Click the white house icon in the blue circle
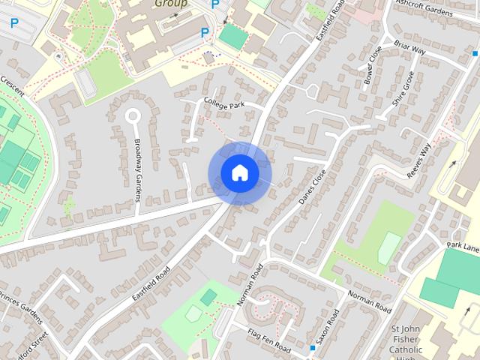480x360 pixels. (x=239, y=172)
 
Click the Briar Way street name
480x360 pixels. (x=409, y=48)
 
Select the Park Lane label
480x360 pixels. (x=463, y=247)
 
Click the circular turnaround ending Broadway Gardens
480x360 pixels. (x=133, y=116)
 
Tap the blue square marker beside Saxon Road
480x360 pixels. (x=312, y=348)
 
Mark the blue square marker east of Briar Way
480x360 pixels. (x=475, y=53)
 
